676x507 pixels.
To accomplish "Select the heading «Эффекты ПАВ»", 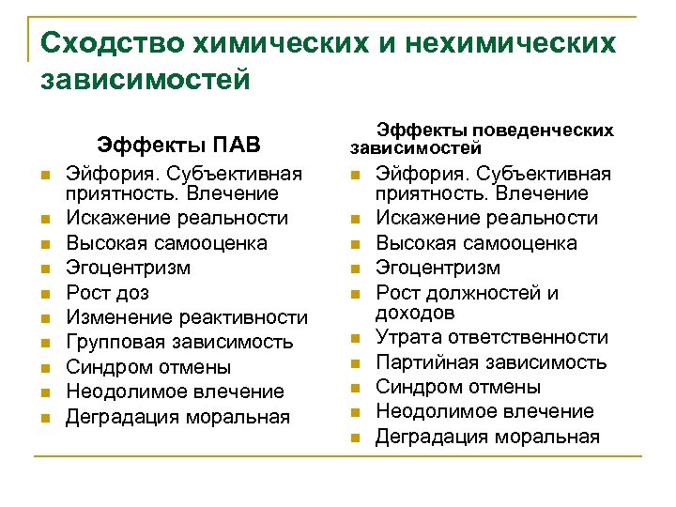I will coord(178,146).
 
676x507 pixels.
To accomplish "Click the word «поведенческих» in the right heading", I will coord(544,131).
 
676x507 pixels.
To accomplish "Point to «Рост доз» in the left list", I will coord(107,292).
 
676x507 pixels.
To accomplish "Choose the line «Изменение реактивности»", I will coord(186,317).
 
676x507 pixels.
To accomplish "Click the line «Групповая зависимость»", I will coord(179,342).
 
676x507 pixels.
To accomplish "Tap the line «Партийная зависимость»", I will coord(491,361).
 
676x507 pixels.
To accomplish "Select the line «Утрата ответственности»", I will coord(491,337).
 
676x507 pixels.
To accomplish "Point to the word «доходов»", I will coord(415,313).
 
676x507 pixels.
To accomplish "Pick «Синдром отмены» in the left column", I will coord(148,367).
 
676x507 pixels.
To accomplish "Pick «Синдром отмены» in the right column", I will coord(458,387).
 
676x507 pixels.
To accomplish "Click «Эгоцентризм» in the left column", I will coord(128,268).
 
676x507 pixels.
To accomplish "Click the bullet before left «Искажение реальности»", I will coord(43,219).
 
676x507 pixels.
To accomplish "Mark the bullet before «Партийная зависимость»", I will coord(354,362).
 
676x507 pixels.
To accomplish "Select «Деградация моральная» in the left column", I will coord(177,416).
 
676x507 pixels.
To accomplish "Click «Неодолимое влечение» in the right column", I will coord(484,411).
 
